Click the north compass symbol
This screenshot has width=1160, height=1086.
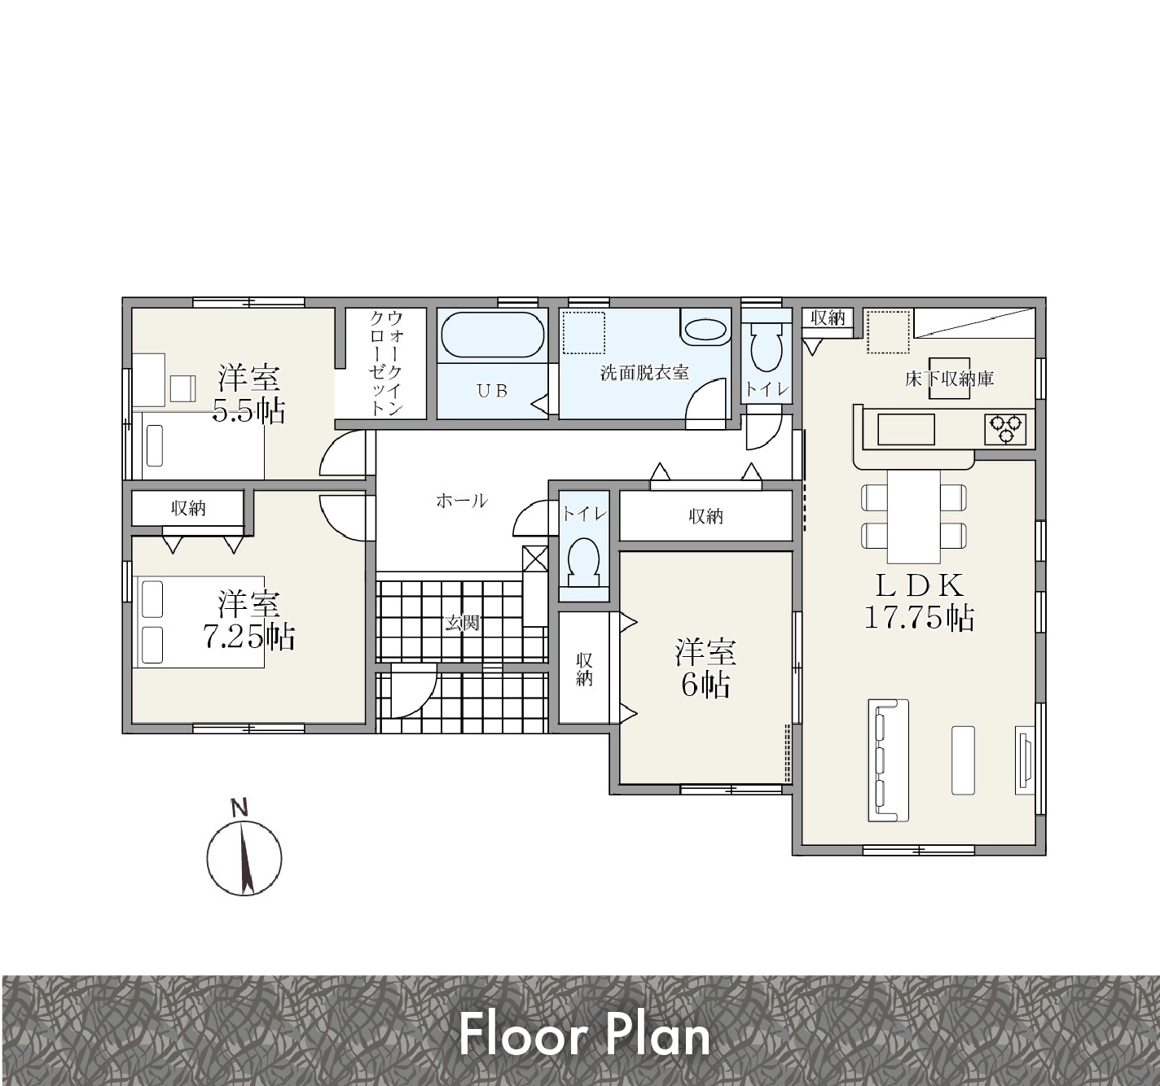point(244,852)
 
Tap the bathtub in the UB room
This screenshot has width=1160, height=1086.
point(492,335)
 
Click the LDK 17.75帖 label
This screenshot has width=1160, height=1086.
point(918,601)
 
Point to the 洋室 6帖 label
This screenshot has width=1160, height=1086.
point(705,668)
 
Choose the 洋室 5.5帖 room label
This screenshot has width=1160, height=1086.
point(248,393)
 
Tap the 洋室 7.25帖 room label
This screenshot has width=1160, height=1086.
point(248,620)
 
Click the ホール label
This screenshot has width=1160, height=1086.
point(461,501)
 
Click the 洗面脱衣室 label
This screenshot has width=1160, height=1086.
point(644,373)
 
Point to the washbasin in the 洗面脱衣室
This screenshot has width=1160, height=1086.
point(705,331)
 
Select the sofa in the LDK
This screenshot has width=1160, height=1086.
point(888,760)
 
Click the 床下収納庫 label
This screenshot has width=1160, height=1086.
point(949,379)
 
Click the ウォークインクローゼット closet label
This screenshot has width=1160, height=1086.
point(386,363)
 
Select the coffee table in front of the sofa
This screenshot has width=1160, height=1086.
point(963,760)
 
